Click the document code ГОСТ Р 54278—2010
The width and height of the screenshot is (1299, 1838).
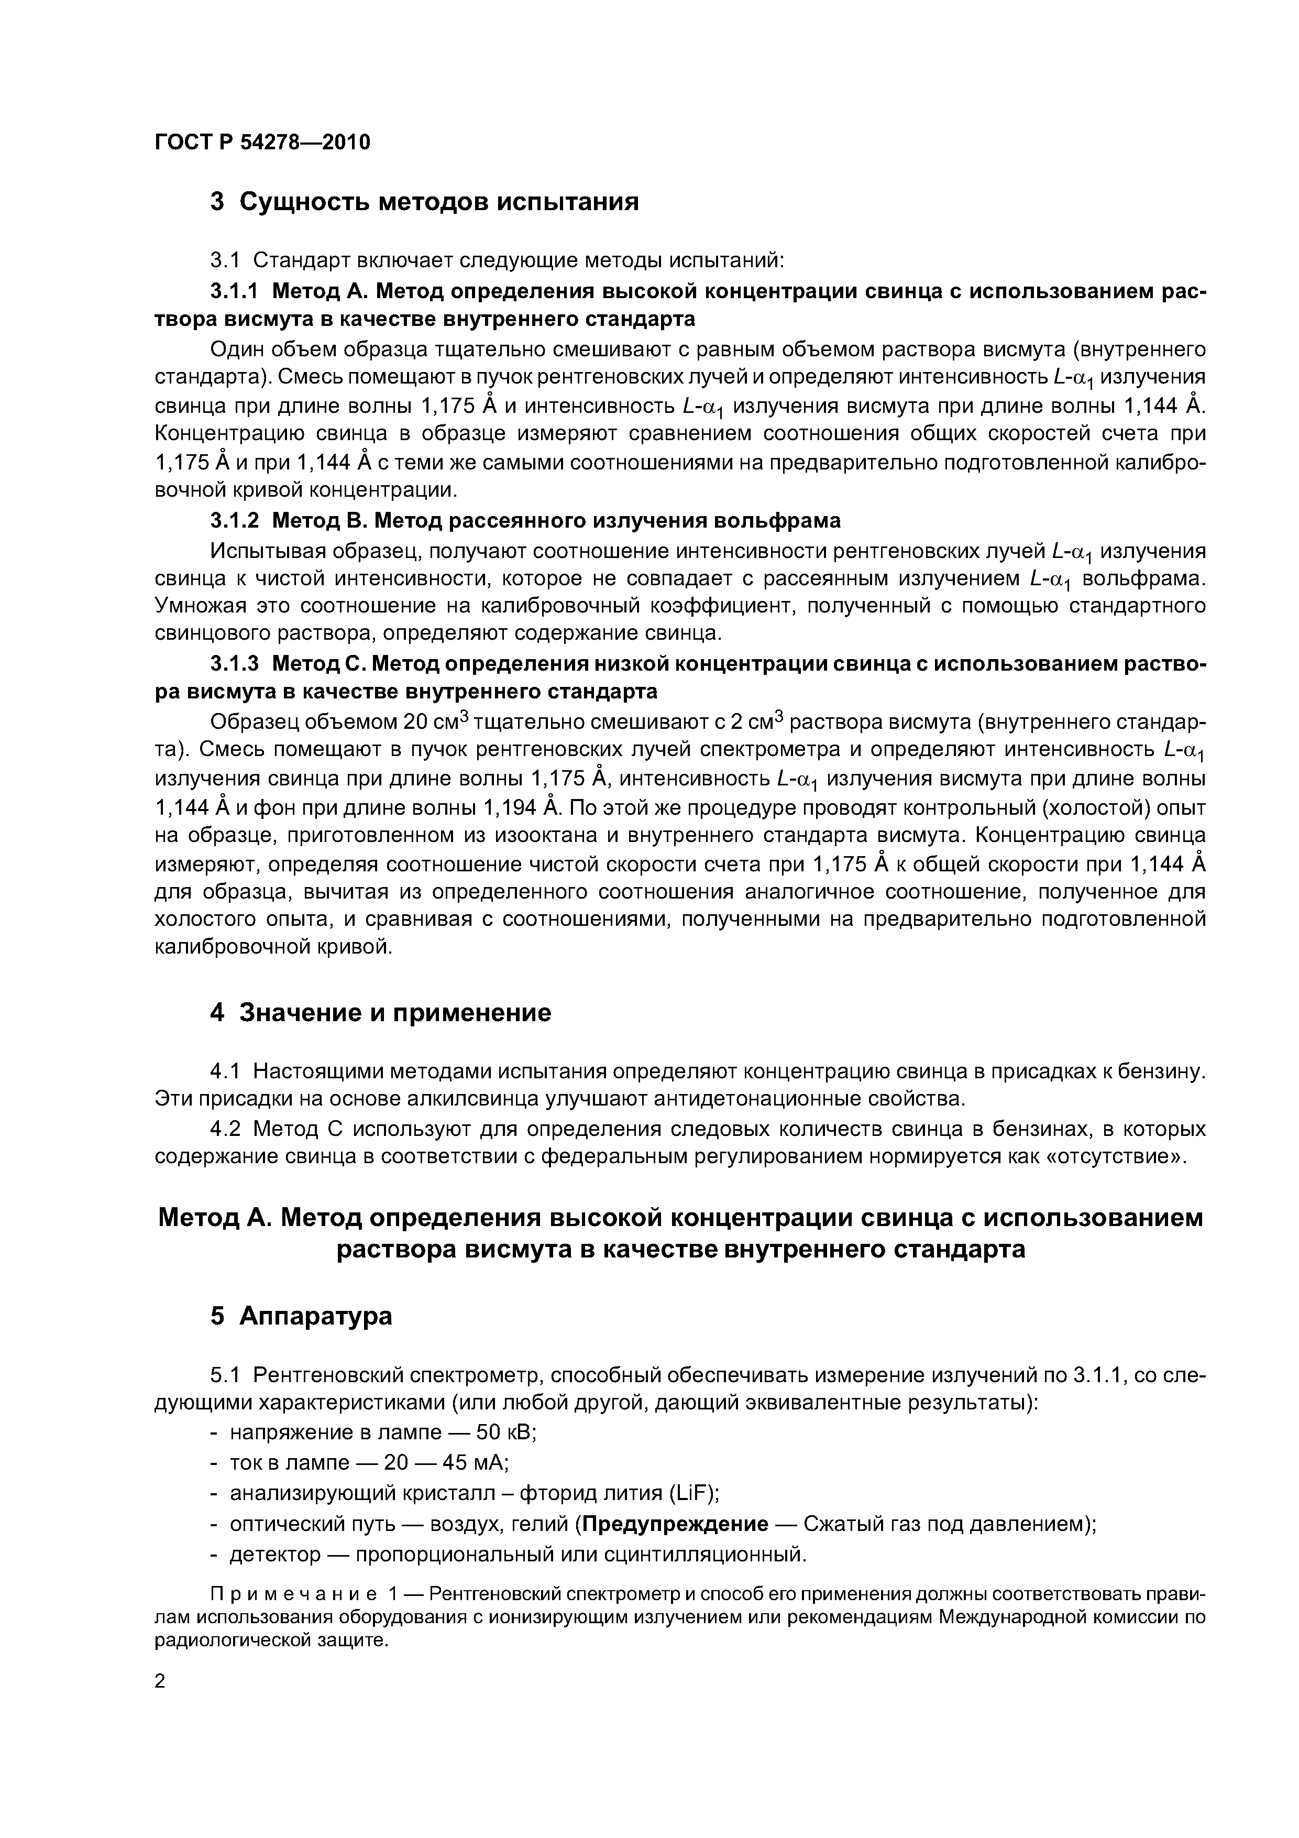click(262, 143)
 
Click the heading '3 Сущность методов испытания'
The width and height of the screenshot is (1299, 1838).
click(424, 202)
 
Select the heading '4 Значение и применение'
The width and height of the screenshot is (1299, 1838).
click(380, 1013)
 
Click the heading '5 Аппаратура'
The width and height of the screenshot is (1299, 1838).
click(301, 1316)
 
